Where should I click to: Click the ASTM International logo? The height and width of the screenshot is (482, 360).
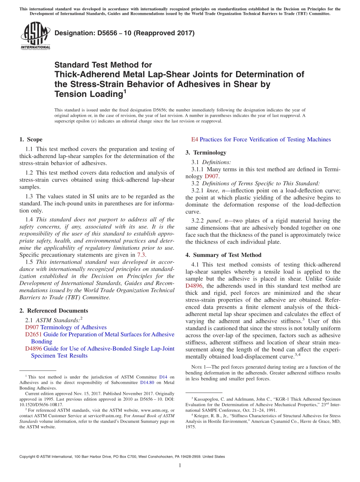click(35, 35)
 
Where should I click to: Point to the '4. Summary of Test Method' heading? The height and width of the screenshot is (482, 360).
click(223, 255)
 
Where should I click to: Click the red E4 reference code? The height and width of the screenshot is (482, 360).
click(194, 139)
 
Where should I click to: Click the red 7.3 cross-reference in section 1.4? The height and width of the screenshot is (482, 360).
click(141, 255)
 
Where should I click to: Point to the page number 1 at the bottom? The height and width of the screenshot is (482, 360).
click(180, 466)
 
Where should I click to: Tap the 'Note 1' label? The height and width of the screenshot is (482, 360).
click(199, 367)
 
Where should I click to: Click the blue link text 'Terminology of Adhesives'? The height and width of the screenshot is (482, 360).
click(74, 327)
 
